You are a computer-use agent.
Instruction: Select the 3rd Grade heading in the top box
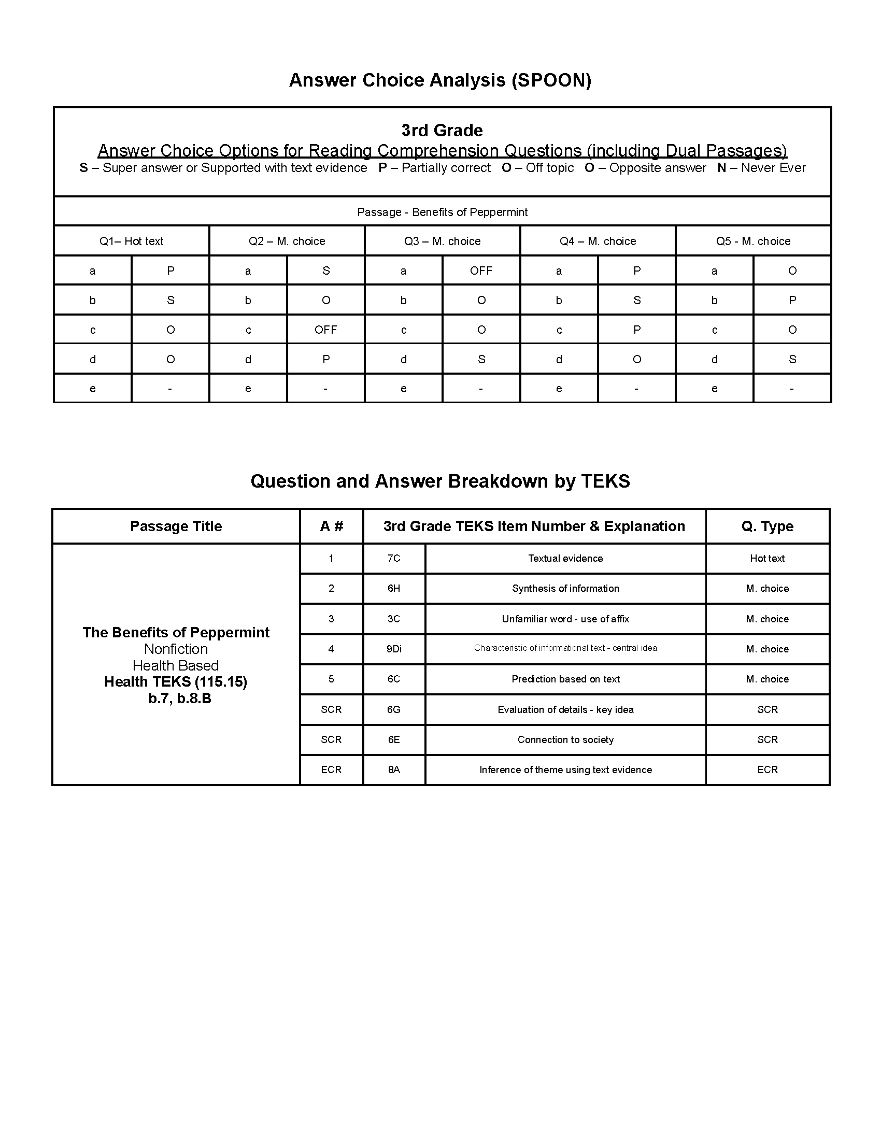pyautogui.click(x=442, y=130)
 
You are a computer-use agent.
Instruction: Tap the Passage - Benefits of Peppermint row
pyautogui.click(x=442, y=212)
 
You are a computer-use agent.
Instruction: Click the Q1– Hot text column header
pyautogui.click(x=131, y=241)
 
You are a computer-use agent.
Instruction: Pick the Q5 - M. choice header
pyautogui.click(x=752, y=241)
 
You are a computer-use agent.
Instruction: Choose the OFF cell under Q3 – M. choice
pyautogui.click(x=481, y=270)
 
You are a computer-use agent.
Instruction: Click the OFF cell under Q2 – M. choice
pyautogui.click(x=325, y=330)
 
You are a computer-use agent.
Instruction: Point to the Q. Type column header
pyautogui.click(x=767, y=526)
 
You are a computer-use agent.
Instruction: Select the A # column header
pyautogui.click(x=332, y=526)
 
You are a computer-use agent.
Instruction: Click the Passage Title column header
pyautogui.click(x=176, y=526)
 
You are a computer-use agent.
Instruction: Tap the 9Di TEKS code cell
pyautogui.click(x=394, y=649)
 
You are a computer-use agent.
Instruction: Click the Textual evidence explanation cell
pyautogui.click(x=565, y=558)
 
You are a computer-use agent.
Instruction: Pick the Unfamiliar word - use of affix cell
pyautogui.click(x=565, y=619)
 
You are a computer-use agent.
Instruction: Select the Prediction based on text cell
pyautogui.click(x=565, y=679)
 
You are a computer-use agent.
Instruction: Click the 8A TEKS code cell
pyautogui.click(x=394, y=769)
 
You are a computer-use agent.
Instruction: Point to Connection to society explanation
pyautogui.click(x=565, y=739)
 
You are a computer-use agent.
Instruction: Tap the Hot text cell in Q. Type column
pyautogui.click(x=767, y=558)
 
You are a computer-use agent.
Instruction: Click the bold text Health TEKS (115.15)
pyautogui.click(x=176, y=682)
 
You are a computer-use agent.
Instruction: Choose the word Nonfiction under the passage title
pyautogui.click(x=176, y=649)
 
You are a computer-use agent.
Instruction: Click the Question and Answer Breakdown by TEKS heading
pyautogui.click(x=440, y=481)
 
